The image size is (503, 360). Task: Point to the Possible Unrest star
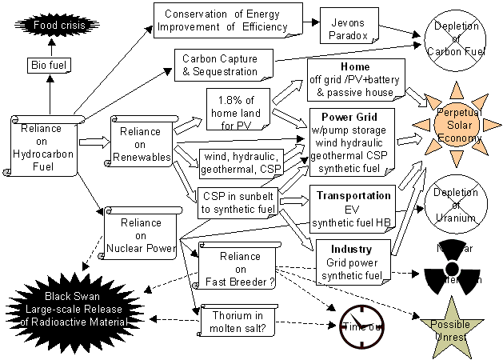click(450, 324)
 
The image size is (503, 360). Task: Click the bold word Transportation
click(353, 195)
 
